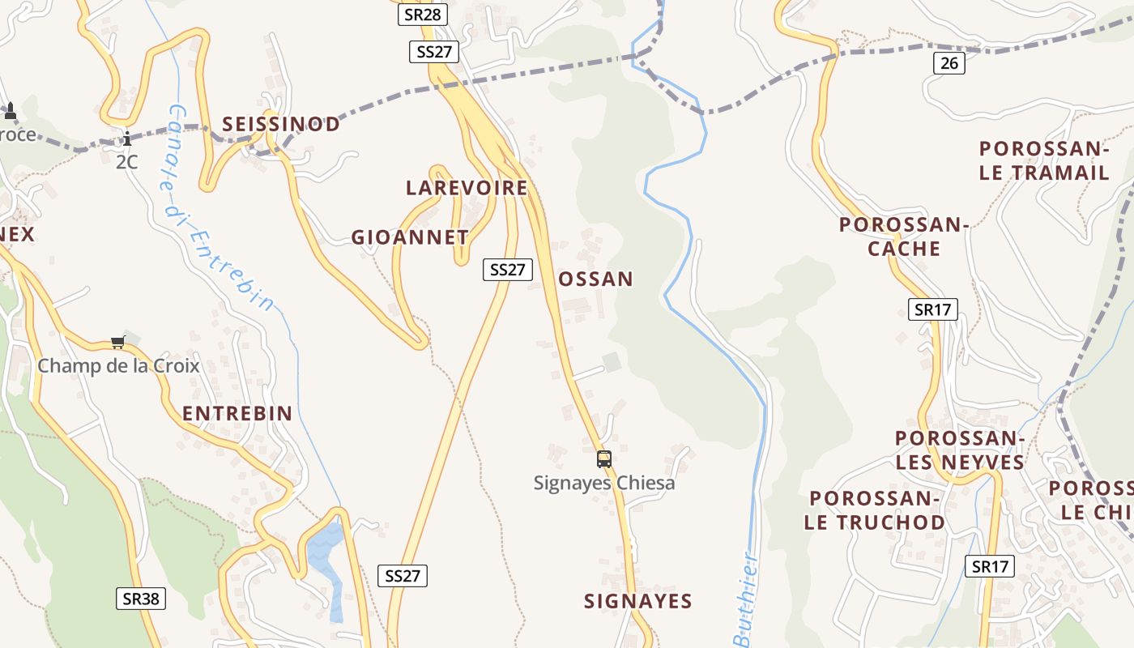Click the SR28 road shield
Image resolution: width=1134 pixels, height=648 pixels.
(423, 15)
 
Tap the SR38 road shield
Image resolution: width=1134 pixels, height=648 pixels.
(141, 599)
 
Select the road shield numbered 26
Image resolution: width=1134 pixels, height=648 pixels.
(949, 63)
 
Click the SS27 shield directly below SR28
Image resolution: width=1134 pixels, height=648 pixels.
(434, 52)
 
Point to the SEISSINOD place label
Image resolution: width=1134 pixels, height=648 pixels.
(281, 124)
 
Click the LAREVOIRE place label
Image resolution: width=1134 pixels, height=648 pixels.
(467, 188)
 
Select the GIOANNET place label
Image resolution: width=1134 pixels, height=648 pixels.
(410, 237)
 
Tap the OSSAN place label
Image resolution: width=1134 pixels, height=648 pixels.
(595, 279)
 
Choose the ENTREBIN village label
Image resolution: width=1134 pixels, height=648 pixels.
(237, 413)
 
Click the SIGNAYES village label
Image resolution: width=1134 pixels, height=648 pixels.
(638, 601)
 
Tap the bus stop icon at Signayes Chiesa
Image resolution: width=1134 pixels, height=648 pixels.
(603, 459)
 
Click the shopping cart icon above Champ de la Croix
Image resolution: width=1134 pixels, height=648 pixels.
(118, 343)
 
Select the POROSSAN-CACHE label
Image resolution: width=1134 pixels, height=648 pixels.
(904, 237)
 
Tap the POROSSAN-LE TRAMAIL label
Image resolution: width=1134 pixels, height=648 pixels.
(1044, 160)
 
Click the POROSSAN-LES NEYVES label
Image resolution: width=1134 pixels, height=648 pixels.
(960, 450)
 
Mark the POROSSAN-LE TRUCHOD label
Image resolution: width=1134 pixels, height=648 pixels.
(875, 510)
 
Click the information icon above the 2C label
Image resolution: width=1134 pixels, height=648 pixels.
(126, 139)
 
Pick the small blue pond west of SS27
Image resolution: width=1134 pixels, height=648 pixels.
(326, 559)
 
